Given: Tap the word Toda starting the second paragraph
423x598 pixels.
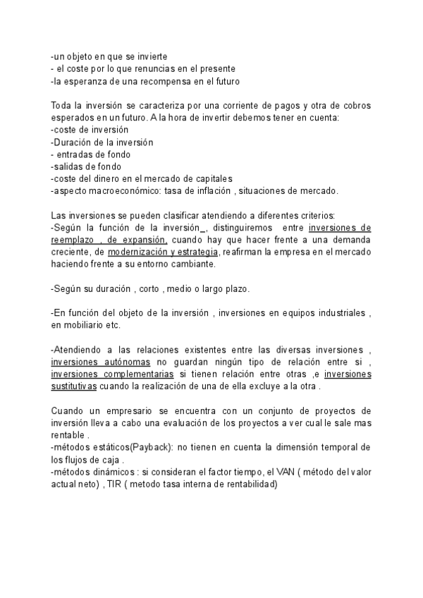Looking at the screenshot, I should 62,106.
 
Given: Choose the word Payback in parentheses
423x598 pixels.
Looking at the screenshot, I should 151,448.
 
